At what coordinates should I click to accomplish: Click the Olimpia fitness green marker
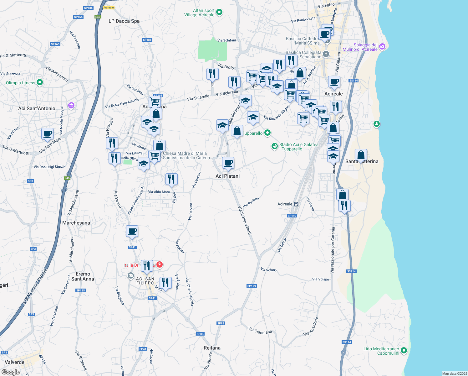[39, 82]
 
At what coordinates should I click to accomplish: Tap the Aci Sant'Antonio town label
[37, 108]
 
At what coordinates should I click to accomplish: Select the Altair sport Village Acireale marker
[219, 12]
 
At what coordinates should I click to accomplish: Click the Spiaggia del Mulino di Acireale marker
[382, 47]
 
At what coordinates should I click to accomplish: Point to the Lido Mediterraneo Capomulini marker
[404, 350]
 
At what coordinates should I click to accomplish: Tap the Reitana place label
[212, 348]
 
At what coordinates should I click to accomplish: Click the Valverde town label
[15, 362]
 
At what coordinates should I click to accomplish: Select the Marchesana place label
[76, 223]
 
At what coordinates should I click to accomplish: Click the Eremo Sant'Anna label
[83, 276]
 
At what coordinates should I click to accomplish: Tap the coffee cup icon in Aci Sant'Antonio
[48, 134]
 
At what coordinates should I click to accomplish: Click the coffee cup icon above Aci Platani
[228, 163]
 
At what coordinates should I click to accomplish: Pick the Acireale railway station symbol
[296, 204]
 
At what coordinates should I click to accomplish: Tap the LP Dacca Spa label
[124, 21]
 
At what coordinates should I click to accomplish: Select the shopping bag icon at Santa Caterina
[361, 155]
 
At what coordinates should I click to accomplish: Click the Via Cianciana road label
[260, 330]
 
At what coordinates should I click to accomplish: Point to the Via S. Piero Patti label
[245, 220]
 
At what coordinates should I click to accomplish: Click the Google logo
[11, 372]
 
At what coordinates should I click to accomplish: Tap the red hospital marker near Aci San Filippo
[160, 265]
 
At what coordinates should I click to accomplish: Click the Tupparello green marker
[267, 133]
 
